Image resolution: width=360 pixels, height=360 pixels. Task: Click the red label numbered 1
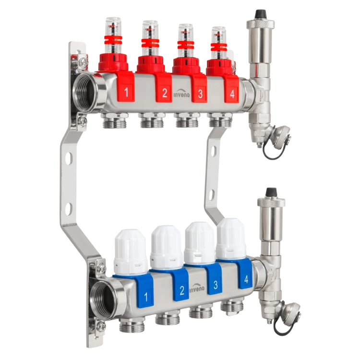click(x=126, y=88)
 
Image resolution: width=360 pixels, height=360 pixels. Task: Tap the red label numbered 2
click(x=164, y=90)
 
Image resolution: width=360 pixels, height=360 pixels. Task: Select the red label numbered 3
click(x=200, y=90)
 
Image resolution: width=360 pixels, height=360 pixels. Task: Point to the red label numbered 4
click(x=232, y=90)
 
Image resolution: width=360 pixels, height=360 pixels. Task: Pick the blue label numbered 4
click(x=245, y=276)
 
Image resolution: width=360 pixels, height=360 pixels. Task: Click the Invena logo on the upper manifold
click(x=181, y=93)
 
